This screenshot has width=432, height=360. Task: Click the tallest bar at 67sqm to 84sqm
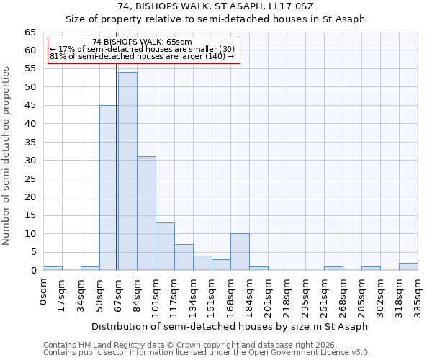(127, 171)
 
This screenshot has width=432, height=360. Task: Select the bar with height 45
(109, 188)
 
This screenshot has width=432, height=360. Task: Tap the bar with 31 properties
(146, 213)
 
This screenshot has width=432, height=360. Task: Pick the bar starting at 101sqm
(165, 246)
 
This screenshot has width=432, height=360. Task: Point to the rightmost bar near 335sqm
(408, 266)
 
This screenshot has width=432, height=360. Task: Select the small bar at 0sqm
(53, 269)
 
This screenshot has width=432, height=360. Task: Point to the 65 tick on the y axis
(30, 32)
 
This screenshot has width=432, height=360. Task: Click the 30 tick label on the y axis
(30, 161)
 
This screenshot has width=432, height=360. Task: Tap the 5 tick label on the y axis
(33, 252)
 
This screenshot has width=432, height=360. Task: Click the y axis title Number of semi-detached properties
(6, 156)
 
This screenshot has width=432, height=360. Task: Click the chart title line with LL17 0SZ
(215, 6)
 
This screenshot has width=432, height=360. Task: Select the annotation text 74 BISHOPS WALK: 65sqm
(143, 42)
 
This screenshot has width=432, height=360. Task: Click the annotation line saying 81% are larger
(142, 56)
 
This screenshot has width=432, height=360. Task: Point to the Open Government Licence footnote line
(207, 353)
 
